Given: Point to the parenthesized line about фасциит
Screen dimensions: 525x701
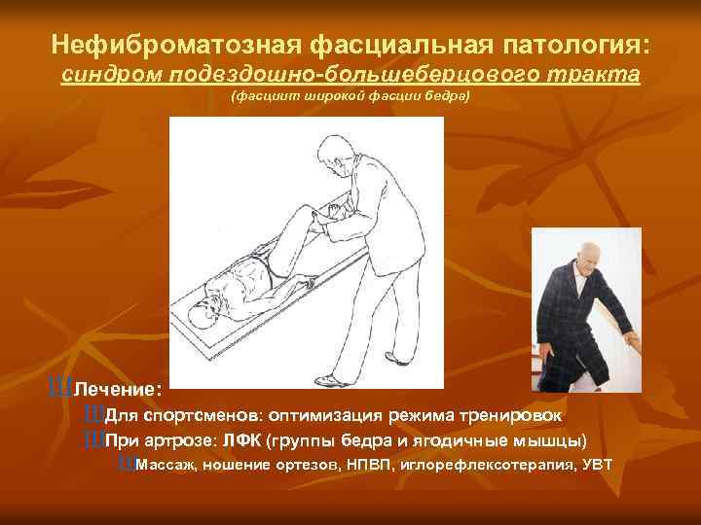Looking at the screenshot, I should tap(350, 97).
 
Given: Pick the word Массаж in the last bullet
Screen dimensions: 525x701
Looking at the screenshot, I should tap(167, 465).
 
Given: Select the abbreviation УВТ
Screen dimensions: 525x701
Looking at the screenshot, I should tap(597, 465).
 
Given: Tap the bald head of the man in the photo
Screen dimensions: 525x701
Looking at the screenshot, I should tap(590, 255).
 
